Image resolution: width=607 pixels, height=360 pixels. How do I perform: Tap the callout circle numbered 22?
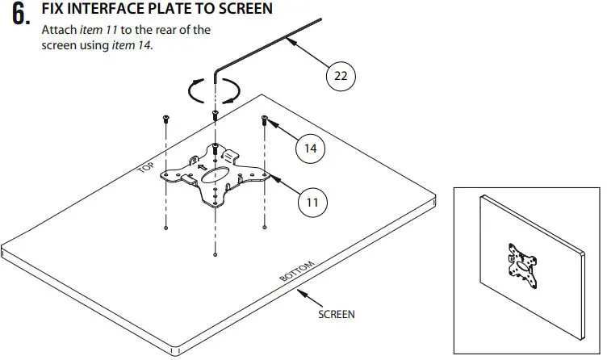pos(341,76)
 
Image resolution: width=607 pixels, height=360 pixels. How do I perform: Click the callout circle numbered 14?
pos(310,149)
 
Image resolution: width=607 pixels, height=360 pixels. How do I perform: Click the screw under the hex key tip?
pos(216,114)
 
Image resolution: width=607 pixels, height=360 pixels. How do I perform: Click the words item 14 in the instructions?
pos(132,45)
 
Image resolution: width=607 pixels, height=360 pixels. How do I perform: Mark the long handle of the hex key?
pos(266,44)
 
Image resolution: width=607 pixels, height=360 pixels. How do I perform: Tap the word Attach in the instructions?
pos(58,31)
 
